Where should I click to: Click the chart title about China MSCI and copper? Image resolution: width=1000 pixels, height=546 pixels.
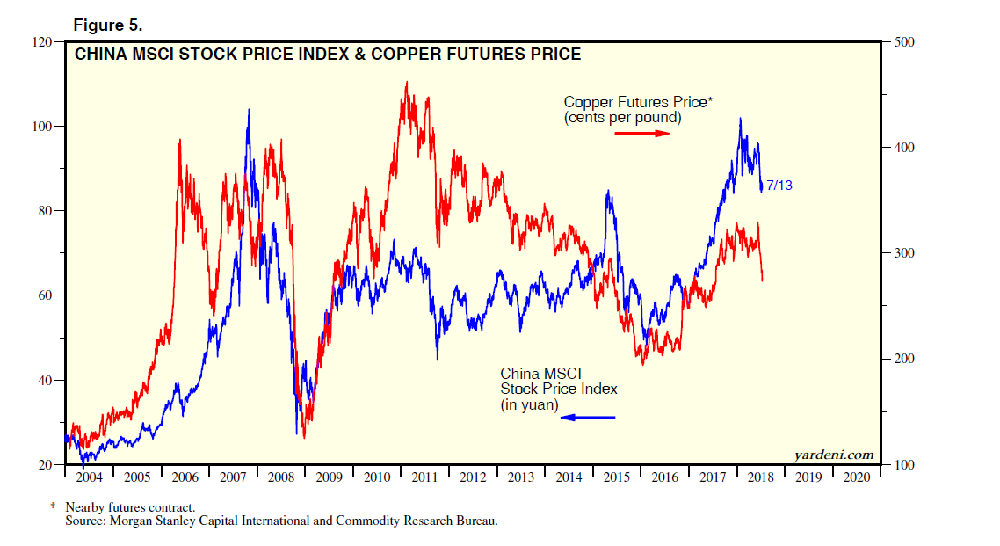tap(327, 55)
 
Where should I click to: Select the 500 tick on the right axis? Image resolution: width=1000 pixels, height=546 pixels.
tap(905, 41)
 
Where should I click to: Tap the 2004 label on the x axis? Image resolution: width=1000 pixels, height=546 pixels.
tap(89, 477)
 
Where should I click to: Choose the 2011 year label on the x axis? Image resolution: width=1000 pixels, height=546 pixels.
tap(426, 477)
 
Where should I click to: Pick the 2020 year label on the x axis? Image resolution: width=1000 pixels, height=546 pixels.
tap(858, 477)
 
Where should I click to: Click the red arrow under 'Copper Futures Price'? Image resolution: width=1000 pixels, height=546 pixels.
tap(641, 133)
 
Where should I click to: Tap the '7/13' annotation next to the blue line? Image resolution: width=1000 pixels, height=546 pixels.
tap(779, 186)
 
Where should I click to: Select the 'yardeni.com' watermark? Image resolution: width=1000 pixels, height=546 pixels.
tap(834, 455)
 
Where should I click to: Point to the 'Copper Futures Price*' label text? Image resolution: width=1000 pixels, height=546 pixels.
tap(638, 103)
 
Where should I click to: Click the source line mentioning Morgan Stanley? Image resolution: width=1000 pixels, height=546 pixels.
tap(281, 521)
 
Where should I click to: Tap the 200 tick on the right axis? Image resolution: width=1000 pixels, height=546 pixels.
tap(905, 359)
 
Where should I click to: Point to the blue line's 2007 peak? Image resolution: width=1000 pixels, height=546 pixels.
tap(249, 110)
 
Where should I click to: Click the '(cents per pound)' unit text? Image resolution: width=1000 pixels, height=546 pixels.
tap(622, 118)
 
